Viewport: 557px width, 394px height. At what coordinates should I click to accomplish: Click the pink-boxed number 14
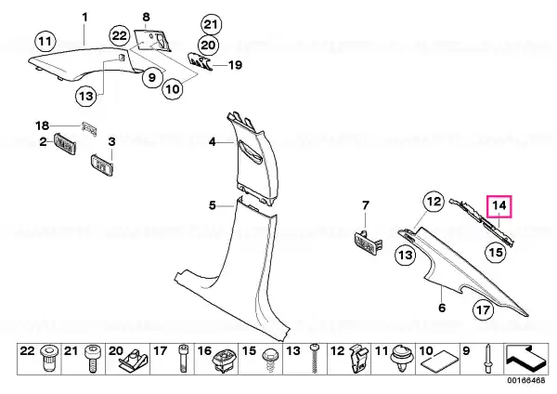tap(499, 206)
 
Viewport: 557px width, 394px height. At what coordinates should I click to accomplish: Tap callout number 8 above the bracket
tap(146, 17)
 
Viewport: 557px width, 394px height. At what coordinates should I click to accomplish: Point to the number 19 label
tap(235, 65)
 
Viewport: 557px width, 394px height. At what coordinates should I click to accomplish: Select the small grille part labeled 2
tap(65, 144)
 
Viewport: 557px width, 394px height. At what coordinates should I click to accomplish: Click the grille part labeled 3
tap(103, 165)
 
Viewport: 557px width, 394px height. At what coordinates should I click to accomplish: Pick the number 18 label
tap(42, 125)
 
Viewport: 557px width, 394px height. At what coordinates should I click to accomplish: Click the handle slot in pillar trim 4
tap(250, 152)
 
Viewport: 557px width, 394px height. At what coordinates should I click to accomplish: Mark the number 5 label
tap(212, 205)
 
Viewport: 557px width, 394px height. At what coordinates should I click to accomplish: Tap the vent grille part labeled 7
tap(369, 243)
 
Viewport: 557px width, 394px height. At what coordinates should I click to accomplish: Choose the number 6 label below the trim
tap(442, 308)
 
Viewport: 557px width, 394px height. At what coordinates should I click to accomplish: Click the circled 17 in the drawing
tap(484, 310)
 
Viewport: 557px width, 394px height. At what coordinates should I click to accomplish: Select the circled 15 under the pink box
tap(496, 252)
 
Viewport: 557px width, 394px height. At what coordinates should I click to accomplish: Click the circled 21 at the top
tap(211, 24)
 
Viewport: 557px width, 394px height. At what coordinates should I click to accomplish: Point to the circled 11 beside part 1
tap(45, 42)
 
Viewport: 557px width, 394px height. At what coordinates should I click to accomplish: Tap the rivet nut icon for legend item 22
tap(48, 358)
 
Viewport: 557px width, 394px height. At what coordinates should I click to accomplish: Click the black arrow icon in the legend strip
tap(525, 358)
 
